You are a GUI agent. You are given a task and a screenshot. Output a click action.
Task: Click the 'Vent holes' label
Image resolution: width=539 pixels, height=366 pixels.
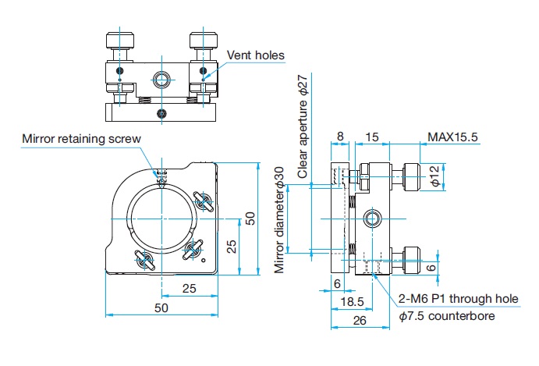tap(255, 55)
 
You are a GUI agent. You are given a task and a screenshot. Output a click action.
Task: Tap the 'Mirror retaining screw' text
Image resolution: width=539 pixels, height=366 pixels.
tap(81, 139)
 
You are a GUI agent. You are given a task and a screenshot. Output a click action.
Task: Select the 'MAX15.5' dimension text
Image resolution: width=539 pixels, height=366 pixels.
tap(452, 137)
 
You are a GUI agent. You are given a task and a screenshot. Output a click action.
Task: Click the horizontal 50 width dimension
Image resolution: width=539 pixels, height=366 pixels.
tap(161, 308)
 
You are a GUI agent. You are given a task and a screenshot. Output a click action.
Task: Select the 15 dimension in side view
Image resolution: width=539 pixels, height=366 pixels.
tap(372, 137)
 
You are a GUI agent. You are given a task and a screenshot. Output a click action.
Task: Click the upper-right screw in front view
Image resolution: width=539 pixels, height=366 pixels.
tap(204, 201)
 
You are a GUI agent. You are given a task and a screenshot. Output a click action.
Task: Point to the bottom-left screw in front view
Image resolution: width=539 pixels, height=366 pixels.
tap(144, 261)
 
